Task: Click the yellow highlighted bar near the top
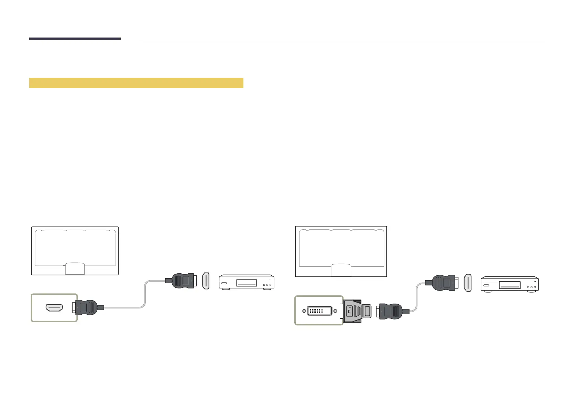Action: point(136,83)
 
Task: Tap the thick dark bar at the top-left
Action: point(75,39)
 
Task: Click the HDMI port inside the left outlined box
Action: point(54,307)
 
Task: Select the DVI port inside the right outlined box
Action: point(319,311)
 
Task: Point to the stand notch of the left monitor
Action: point(75,269)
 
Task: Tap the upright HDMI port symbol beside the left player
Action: point(205,281)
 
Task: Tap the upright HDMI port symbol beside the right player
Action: point(468,283)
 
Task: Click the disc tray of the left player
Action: point(247,283)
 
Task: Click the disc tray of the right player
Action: point(510,285)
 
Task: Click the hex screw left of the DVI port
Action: point(304,311)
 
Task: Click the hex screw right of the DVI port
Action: point(335,311)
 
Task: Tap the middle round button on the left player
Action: point(267,285)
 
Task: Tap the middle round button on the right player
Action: point(531,287)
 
